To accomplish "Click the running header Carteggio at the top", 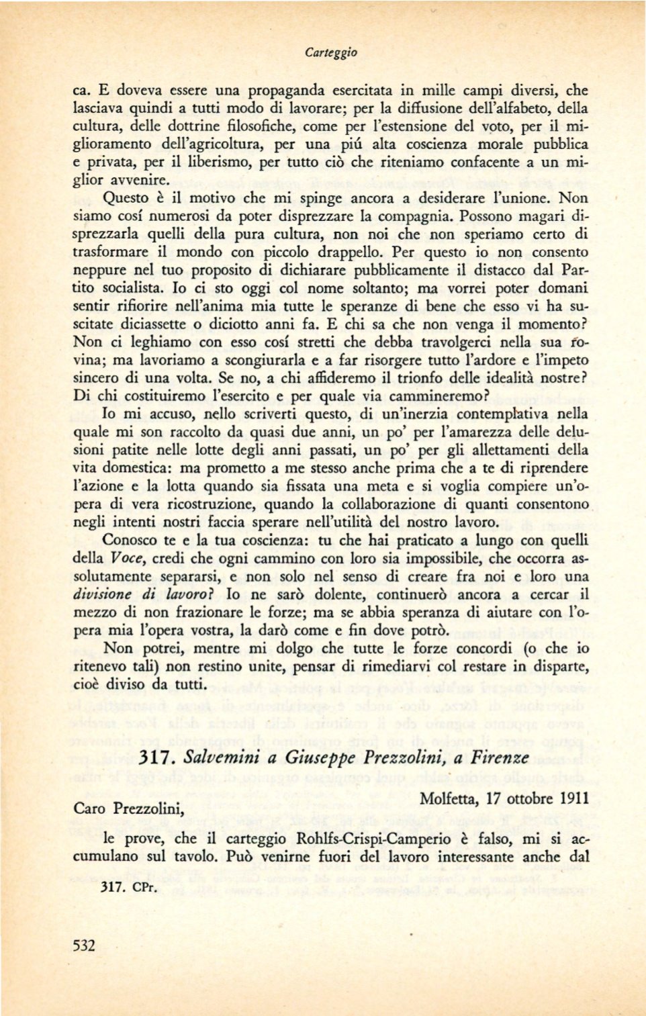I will (330, 52).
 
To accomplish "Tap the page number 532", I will (84, 945).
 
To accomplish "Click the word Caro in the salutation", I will (89, 809).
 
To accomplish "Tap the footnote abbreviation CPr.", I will (144, 887).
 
